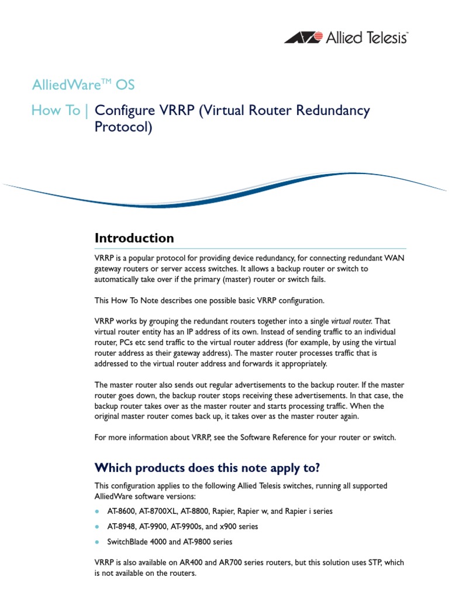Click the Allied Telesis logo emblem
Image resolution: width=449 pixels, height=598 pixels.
pos(303,38)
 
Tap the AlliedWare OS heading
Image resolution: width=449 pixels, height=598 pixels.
pos(83,85)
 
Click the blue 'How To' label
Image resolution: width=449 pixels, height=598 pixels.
pos(56,110)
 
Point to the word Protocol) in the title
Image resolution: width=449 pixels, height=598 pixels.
pos(123,127)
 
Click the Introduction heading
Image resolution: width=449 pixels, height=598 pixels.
pos(134,238)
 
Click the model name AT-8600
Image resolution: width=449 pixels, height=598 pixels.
pos(121,511)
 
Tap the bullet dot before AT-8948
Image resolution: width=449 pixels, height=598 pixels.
pos(97,526)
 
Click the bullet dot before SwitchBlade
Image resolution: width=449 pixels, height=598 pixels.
pos(97,541)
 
